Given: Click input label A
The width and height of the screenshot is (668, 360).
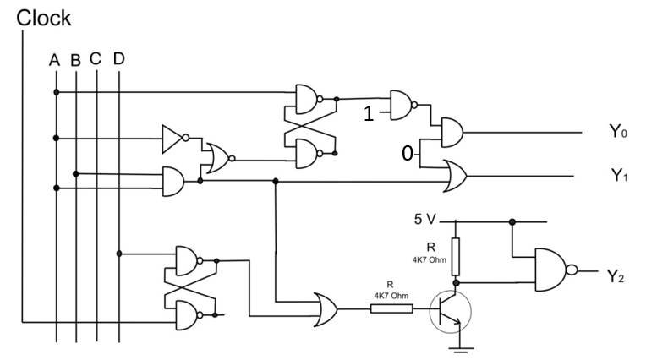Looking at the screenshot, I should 54,60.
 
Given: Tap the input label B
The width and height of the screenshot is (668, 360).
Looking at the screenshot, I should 76,61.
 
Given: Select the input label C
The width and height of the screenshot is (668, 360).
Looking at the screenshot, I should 96,59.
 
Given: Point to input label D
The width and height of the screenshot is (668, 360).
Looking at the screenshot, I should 118,59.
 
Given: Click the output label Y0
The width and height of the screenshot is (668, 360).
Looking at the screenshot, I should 618,132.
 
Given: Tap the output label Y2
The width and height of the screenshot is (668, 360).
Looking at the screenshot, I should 615,276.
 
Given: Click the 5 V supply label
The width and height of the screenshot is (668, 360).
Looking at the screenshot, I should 425,220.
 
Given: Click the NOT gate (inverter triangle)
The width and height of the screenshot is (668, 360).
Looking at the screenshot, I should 174,139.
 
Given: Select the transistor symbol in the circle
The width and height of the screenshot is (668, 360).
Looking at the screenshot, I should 449,311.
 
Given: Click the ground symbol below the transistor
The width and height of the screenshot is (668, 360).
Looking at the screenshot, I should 459,346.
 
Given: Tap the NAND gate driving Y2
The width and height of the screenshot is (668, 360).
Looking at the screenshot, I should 554,270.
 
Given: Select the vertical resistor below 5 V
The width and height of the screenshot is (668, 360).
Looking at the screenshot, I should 456,254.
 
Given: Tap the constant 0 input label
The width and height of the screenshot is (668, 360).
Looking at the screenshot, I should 408,154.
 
